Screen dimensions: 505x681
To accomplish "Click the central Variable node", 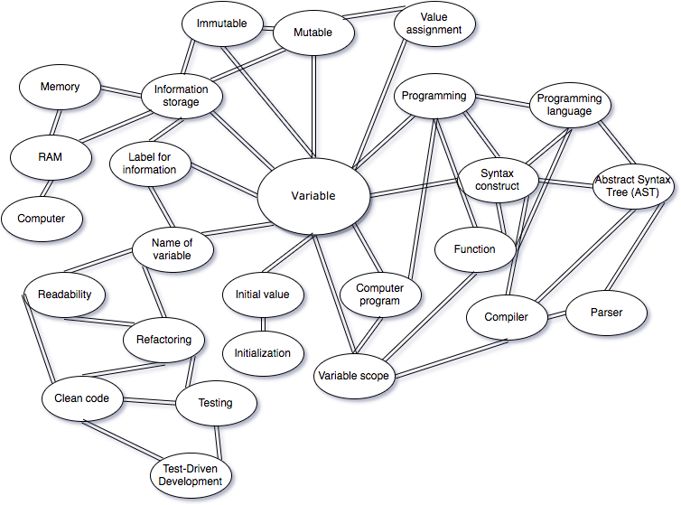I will [313, 196].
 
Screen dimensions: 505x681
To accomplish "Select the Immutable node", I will [221, 24].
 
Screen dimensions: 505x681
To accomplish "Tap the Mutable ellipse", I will [313, 33].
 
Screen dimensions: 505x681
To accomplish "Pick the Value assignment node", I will [434, 23].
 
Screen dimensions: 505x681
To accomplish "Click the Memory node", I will [60, 88].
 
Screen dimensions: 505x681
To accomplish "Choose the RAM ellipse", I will [50, 156].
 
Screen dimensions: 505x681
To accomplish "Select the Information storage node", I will [181, 96].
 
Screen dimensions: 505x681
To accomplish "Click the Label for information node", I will [150, 164].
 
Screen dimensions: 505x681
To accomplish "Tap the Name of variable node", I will [172, 248].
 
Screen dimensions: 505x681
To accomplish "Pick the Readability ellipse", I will [65, 295].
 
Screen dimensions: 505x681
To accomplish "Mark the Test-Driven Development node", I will [191, 474].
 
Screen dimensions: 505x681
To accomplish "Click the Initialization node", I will [263, 353].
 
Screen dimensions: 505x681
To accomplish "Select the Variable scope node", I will [354, 377].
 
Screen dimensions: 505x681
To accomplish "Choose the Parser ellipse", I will [606, 313].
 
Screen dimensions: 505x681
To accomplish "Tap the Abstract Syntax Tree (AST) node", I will [632, 186].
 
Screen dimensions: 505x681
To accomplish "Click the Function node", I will [475, 249].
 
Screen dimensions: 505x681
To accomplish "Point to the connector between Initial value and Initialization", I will [263, 324].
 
